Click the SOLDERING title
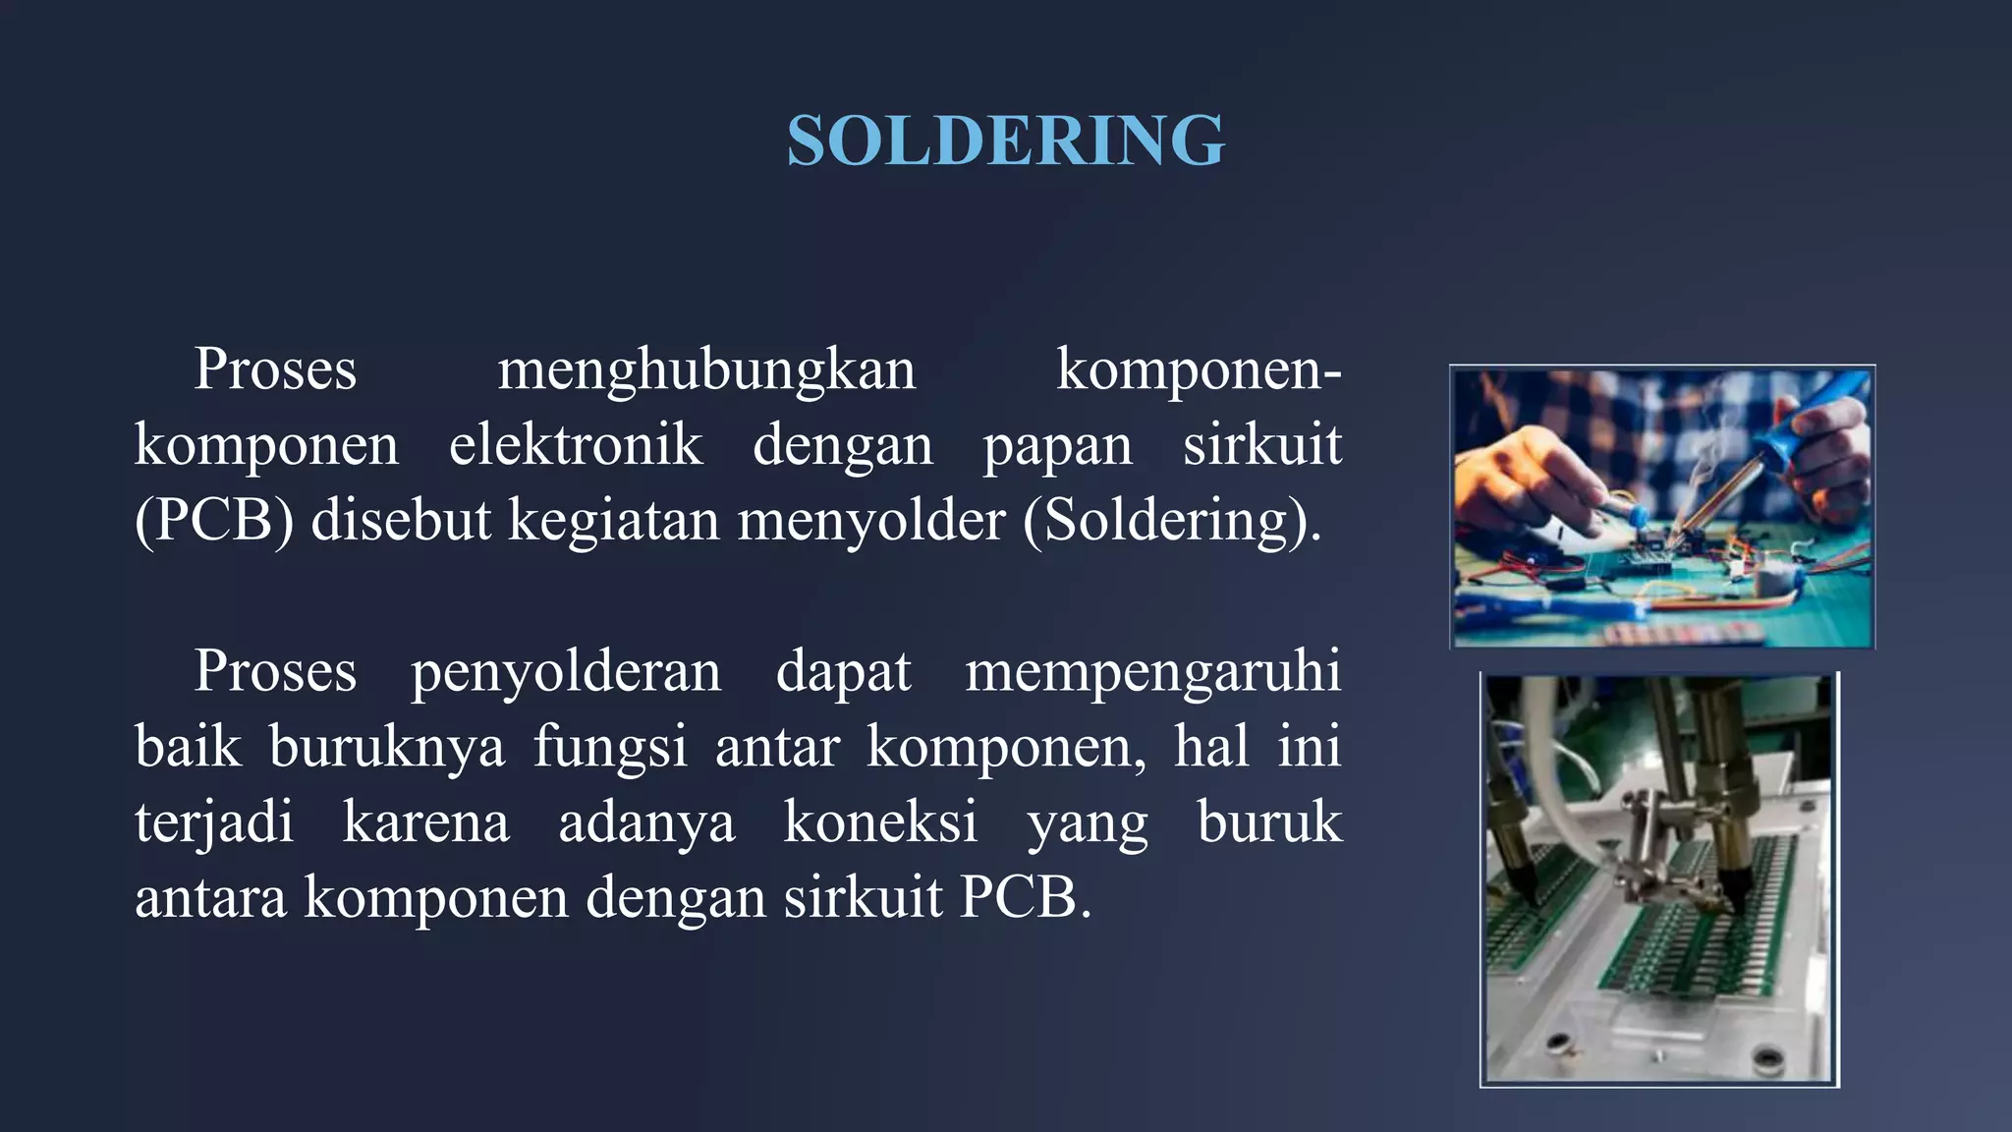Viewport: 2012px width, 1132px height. (1005, 141)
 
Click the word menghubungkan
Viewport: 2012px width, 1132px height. (705, 370)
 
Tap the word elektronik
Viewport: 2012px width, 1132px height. (576, 445)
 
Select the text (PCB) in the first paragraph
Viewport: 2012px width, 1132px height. (213, 521)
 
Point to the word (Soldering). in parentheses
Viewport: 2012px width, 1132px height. (1171, 521)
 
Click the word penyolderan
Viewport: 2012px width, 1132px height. (565, 673)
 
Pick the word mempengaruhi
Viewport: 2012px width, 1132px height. (1152, 673)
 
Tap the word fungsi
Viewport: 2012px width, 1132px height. (609, 748)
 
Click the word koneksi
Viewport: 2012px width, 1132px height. (880, 822)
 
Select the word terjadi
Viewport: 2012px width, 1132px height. (213, 823)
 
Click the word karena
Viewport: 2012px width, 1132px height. (425, 823)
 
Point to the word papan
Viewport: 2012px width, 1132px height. (1057, 447)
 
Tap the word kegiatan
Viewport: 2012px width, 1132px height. (613, 521)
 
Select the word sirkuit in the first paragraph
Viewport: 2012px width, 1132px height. (1261, 445)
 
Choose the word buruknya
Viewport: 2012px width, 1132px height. (386, 748)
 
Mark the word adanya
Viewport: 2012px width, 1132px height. (645, 823)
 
